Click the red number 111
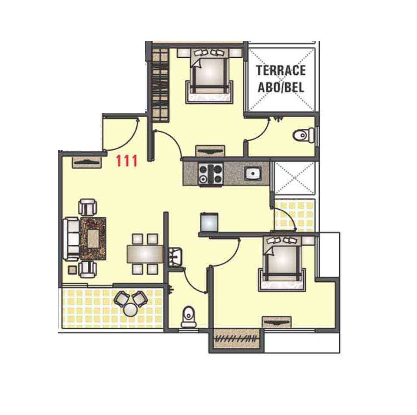click(126, 161)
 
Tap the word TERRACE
click(281, 70)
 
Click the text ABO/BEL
click(281, 86)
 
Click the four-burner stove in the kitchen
click(211, 174)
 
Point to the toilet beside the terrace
click(303, 136)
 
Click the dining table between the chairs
click(145, 254)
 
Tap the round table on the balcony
click(130, 310)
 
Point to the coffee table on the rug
click(93, 238)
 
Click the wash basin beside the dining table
click(175, 255)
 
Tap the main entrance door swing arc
click(129, 135)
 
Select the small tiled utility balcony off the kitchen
click(294, 214)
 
